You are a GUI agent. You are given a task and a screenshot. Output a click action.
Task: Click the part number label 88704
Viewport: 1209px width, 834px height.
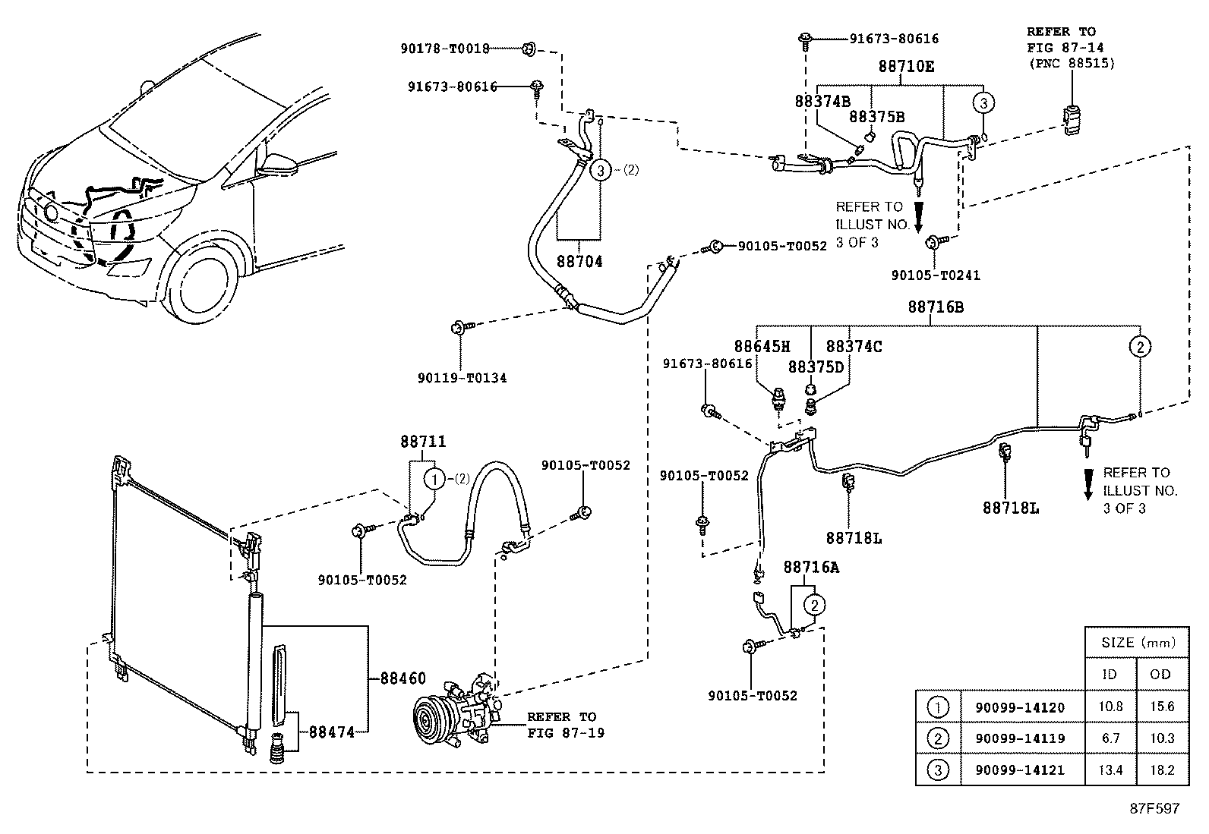(x=579, y=262)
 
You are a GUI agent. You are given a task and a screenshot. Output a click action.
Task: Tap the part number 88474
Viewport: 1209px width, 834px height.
(x=331, y=732)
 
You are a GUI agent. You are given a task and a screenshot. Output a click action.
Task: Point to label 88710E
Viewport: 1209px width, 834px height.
(x=906, y=66)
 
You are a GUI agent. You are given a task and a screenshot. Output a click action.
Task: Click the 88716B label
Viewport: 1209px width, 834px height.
(x=936, y=307)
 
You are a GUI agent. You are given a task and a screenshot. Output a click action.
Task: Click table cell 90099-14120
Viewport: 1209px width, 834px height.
(x=1020, y=707)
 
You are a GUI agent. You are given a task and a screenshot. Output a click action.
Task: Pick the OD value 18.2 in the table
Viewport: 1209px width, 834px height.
(x=1162, y=769)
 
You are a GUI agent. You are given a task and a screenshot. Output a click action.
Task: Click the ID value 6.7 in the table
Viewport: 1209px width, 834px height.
(x=1110, y=738)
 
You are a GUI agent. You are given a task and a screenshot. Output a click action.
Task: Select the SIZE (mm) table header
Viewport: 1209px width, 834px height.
(x=1138, y=643)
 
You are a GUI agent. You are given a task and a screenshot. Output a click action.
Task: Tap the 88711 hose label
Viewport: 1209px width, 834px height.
(x=423, y=442)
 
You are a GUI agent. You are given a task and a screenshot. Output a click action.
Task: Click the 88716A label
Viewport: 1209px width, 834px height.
(x=811, y=567)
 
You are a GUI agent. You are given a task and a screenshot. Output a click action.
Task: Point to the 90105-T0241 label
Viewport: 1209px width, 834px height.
(x=936, y=275)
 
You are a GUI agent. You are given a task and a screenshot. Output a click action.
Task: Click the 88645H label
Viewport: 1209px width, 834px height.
(x=762, y=346)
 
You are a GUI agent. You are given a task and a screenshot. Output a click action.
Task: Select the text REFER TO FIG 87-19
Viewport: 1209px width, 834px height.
(x=566, y=725)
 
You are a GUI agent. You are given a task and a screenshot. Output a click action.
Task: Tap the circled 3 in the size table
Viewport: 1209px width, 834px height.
(x=939, y=769)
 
